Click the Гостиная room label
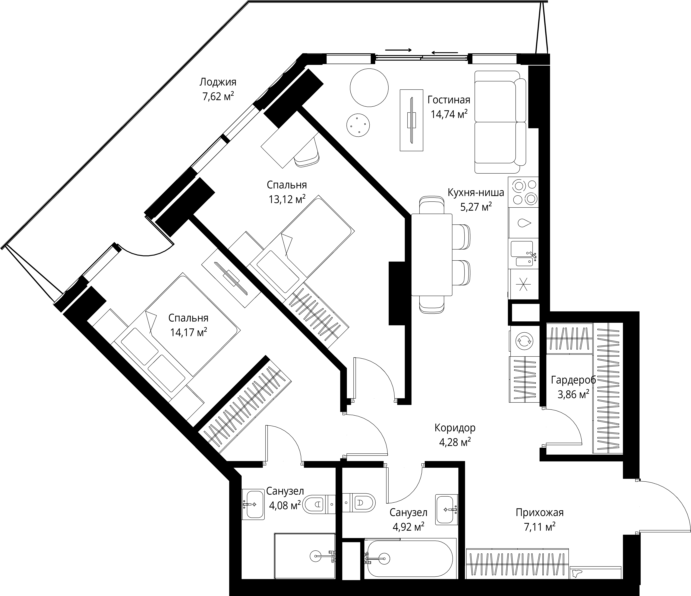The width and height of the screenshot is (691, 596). [449, 100]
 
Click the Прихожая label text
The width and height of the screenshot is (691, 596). [540, 512]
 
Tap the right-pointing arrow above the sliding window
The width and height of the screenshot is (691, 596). [398, 50]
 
